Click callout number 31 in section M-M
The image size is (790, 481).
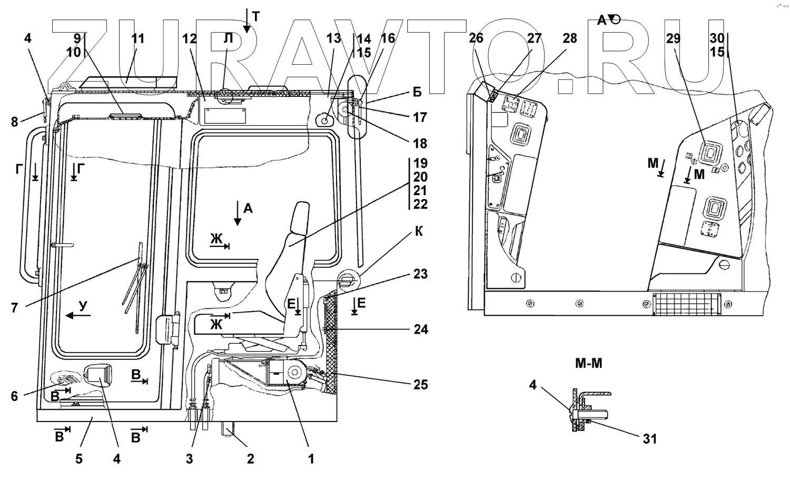649,439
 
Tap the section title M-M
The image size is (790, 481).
589,363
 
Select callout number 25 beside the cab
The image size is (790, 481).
420,385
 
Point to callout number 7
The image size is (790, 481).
14,308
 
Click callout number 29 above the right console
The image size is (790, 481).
673,38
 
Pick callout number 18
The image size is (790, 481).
420,144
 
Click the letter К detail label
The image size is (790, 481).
419,232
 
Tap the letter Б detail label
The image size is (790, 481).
417,92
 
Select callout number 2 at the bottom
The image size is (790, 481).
250,459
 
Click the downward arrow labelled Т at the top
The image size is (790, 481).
246,21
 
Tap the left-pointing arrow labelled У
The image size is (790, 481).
78,315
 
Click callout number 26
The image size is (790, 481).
476,38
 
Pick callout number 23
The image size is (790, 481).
420,274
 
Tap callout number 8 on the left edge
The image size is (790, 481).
14,122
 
